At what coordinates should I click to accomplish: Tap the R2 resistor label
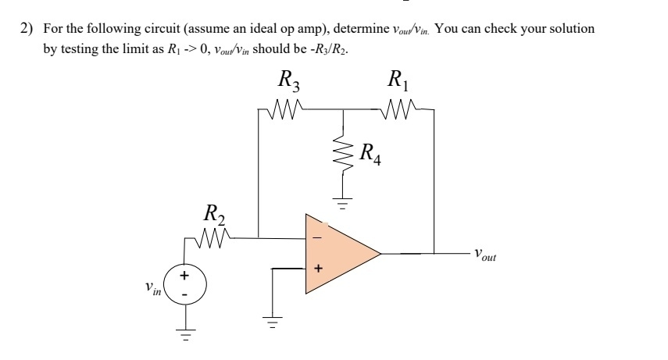[x=213, y=213]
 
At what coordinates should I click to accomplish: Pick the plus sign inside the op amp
[x=317, y=269]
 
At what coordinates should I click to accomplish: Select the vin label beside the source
[x=153, y=290]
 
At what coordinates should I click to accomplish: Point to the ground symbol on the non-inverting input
[x=272, y=323]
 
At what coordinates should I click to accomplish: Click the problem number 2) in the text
[x=27, y=29]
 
